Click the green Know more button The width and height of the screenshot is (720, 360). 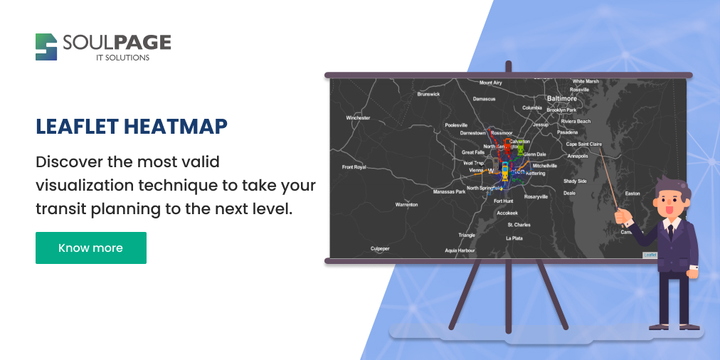(91, 248)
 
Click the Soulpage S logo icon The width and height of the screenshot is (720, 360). (46, 47)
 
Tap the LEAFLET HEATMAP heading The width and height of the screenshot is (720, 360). (132, 127)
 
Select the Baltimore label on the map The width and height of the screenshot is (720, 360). (561, 99)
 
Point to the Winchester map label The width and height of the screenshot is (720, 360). (358, 118)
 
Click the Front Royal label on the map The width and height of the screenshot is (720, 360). (354, 167)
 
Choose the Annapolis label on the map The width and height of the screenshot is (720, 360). (577, 156)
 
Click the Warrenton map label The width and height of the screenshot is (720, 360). (407, 205)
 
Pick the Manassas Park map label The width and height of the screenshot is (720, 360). (449, 191)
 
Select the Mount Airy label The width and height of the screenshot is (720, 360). (490, 83)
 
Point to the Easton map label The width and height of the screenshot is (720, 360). (632, 194)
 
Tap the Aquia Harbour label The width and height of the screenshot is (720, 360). (460, 250)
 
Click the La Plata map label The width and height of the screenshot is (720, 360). (514, 238)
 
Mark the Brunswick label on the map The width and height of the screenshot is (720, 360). (428, 94)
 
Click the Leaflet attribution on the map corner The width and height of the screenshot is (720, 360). (650, 255)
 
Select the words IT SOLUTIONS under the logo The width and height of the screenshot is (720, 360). (123, 58)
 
